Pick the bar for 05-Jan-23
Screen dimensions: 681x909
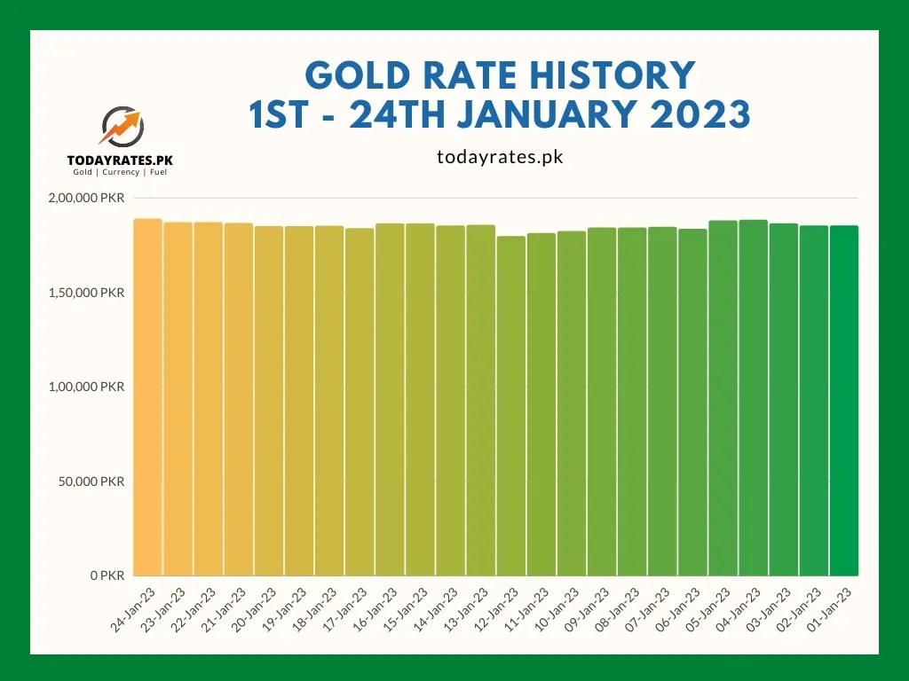coord(723,398)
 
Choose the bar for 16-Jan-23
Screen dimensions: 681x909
coord(390,400)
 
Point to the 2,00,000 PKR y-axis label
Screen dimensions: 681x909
coord(86,198)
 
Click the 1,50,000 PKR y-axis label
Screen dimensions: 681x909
coord(86,293)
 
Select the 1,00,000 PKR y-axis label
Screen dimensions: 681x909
coord(86,387)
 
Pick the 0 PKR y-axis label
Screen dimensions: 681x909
coord(107,575)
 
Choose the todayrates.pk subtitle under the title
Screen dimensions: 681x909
coord(501,157)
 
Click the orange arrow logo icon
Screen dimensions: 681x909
coord(121,127)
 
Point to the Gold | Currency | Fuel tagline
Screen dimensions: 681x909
coord(120,172)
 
